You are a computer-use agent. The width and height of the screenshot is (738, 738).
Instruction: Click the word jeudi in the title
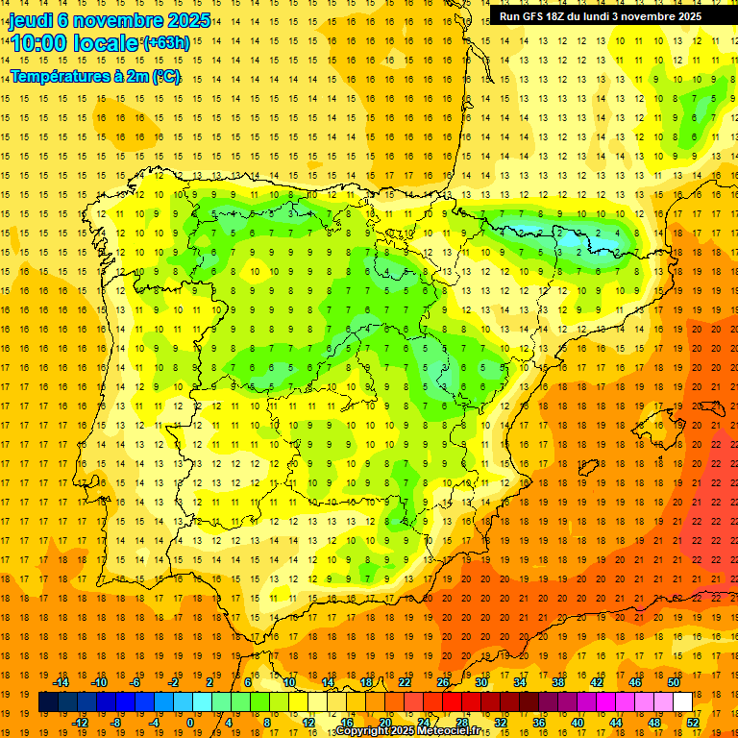29,20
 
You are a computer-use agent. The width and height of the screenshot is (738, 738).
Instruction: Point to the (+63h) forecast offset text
166,43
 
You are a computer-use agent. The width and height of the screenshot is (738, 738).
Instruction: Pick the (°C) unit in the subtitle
166,77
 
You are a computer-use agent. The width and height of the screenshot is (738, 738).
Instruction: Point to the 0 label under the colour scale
189,722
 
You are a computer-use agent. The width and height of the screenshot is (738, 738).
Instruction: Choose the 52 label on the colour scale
694,722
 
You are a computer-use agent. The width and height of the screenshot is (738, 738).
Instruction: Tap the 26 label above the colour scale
443,682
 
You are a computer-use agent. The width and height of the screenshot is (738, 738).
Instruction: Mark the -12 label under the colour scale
80,722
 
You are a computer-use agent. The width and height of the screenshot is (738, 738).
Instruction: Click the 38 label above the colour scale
557,682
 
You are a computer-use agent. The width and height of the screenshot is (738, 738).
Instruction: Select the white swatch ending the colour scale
682,702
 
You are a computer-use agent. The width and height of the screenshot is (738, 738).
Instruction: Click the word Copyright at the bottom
362,731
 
